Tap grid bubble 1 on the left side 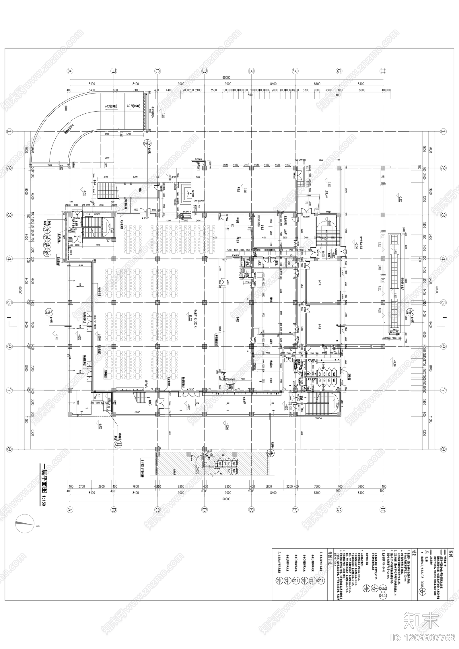tap(9, 132)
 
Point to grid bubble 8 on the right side tap(443, 449)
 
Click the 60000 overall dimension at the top tap(226, 77)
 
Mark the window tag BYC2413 tap(199, 159)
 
